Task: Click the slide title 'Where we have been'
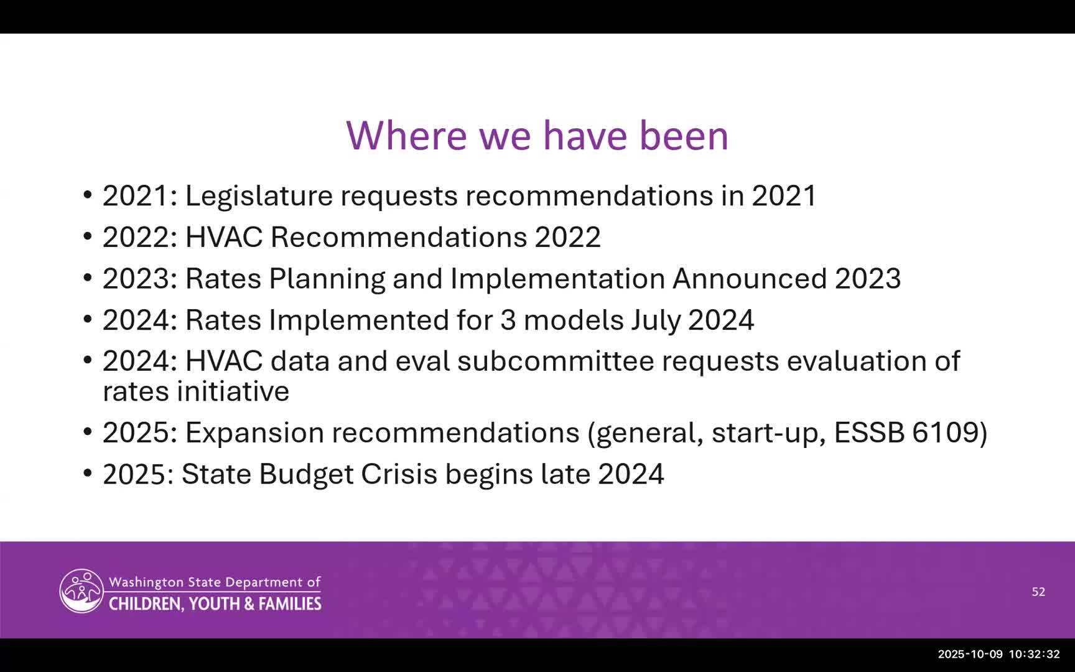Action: pyautogui.click(x=537, y=135)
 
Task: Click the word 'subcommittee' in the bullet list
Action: pyautogui.click(x=556, y=362)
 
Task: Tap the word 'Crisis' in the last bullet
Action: pyautogui.click(x=399, y=474)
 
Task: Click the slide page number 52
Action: pyautogui.click(x=1038, y=592)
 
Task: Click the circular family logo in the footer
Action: pyautogui.click(x=81, y=590)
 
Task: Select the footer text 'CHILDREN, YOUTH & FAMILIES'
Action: pyautogui.click(x=215, y=604)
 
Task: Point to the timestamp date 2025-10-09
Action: pyautogui.click(x=970, y=654)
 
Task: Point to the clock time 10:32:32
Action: pyautogui.click(x=1034, y=654)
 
